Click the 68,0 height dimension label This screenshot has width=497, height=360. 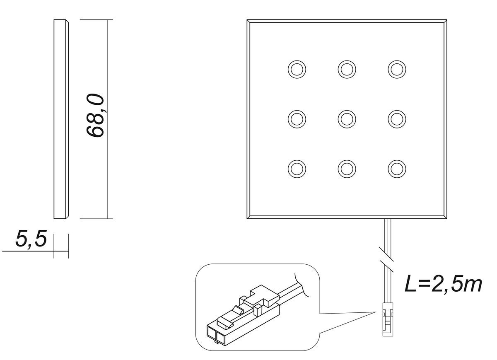(x=95, y=116)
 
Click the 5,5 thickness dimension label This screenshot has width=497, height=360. (x=31, y=239)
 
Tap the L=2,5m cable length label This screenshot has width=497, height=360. (x=443, y=284)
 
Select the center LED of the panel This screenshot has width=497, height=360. (x=347, y=119)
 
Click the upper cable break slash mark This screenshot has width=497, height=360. (x=386, y=254)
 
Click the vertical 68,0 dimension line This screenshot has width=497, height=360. (x=108, y=119)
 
